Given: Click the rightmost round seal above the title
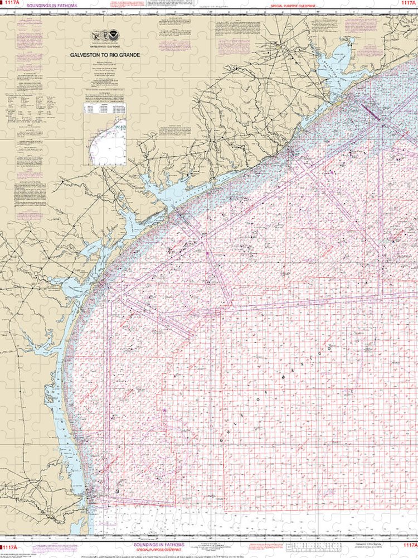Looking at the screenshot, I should pos(114,35).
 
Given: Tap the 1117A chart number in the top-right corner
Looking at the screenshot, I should pos(409,4).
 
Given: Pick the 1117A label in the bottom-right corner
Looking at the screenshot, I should pos(409,545).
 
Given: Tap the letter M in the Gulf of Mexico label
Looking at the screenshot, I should pos(289,380).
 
